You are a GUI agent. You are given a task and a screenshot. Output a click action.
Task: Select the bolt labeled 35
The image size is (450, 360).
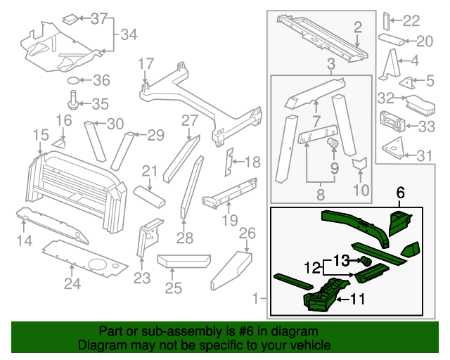74,98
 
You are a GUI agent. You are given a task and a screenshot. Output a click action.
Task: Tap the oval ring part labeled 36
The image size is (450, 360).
74,79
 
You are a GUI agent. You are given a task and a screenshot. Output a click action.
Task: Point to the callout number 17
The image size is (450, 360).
146,64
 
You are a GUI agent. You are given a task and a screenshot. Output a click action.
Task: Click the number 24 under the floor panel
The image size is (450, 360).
72,284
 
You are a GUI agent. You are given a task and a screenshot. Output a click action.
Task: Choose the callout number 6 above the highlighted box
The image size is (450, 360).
401,192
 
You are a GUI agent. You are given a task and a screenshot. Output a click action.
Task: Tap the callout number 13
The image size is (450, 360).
341,259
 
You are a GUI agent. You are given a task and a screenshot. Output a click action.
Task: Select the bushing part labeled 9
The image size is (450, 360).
334,145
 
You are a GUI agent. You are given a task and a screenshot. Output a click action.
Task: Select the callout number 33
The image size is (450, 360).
426,127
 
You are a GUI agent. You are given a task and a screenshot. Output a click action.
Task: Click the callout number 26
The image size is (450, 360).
246,233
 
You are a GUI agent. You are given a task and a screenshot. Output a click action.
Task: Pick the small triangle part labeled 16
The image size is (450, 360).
59,143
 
